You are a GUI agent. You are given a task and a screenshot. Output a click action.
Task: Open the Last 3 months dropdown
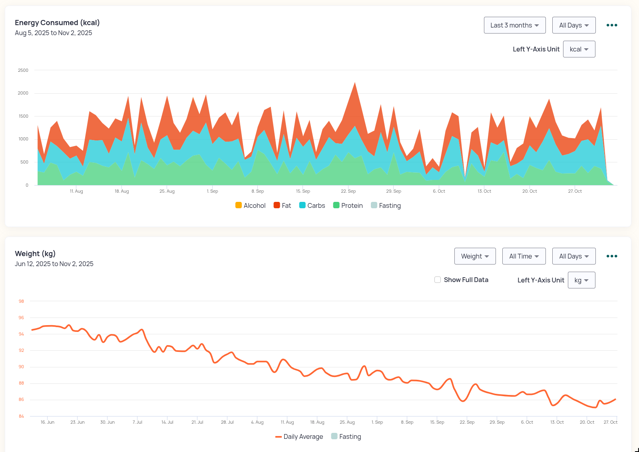514,25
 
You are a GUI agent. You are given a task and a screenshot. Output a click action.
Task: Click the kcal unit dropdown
579,49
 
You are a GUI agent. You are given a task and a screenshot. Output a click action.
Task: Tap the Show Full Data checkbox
438,280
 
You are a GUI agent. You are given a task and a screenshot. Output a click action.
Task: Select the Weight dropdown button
475,256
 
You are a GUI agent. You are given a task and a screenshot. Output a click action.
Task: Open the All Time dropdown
524,256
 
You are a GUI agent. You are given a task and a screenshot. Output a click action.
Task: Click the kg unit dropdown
581,280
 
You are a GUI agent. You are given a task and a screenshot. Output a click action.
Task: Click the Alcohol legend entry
251,205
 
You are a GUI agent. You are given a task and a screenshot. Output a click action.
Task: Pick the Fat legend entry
282,205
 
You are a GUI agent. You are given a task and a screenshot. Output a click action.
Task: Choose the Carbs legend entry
312,205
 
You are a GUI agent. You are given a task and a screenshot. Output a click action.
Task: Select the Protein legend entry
348,205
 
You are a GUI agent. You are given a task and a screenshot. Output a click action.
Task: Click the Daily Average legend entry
299,436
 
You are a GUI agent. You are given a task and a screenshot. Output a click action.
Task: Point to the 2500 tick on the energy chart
23,70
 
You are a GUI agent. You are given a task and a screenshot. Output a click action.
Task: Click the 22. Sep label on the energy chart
348,191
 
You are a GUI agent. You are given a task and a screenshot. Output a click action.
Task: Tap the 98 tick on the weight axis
21,301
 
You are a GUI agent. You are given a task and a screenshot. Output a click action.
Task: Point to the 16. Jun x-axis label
47,422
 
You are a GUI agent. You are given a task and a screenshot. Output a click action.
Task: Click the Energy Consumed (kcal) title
57,23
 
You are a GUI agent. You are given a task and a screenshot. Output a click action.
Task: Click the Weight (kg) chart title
35,254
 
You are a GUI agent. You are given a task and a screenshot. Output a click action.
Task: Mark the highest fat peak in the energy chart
355,83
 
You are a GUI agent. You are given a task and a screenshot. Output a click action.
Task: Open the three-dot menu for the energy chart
611,25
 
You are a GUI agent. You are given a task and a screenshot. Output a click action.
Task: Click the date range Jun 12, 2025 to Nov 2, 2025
54,264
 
